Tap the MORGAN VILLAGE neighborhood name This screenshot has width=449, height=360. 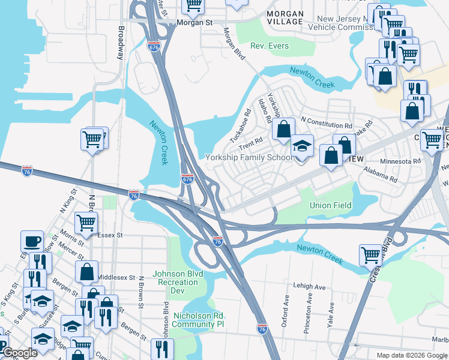click(x=277, y=17)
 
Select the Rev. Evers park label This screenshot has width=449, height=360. click(x=270, y=46)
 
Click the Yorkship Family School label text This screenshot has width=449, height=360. click(x=249, y=158)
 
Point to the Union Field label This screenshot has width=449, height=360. click(x=330, y=205)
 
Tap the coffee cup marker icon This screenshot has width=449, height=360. click(x=31, y=241)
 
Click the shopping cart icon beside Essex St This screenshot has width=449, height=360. click(x=86, y=222)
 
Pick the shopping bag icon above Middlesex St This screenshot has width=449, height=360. click(x=86, y=271)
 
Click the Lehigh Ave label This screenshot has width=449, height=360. click(x=309, y=287)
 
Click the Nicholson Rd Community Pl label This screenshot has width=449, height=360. click(x=198, y=320)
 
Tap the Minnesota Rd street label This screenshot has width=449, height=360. click(x=400, y=161)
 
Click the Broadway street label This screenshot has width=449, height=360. click(x=121, y=43)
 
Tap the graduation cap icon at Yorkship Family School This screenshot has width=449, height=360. click(x=302, y=146)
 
